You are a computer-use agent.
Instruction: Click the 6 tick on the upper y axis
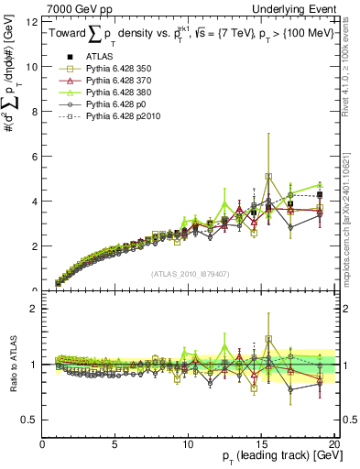click(36, 157)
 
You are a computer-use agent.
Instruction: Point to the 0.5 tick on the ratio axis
click(31, 420)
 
